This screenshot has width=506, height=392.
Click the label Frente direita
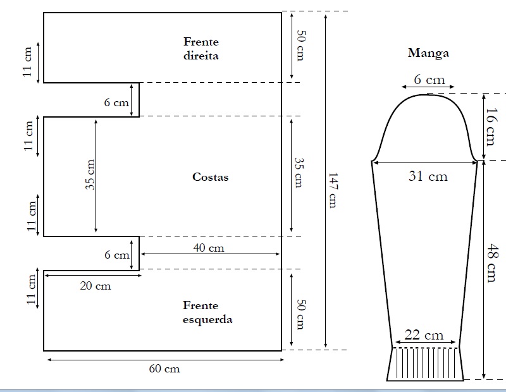tap(201, 49)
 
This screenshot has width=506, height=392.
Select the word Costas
tap(211, 177)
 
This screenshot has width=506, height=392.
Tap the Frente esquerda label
tap(207, 312)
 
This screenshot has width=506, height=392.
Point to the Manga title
tap(428, 53)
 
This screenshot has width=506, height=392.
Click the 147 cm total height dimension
tap(333, 190)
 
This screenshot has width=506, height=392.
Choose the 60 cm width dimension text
tap(164, 369)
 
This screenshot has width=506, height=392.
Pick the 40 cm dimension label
tap(209, 248)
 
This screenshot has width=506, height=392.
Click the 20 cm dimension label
tap(96, 286)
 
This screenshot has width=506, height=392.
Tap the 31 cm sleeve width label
tap(428, 176)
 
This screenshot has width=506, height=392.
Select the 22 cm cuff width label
tap(424, 335)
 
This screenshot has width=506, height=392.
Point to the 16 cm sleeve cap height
tap(491, 126)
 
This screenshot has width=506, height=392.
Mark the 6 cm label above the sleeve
tap(429, 80)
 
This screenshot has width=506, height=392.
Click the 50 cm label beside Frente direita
tap(301, 46)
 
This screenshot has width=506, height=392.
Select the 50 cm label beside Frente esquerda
tap(301, 315)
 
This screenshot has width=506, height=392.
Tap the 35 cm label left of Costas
tap(90, 175)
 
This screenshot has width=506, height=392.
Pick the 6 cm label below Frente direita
tap(116, 102)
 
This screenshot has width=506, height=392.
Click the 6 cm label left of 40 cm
tap(117, 255)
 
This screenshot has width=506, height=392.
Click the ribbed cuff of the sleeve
tap(425, 364)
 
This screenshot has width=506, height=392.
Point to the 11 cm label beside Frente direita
tap(27, 61)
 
